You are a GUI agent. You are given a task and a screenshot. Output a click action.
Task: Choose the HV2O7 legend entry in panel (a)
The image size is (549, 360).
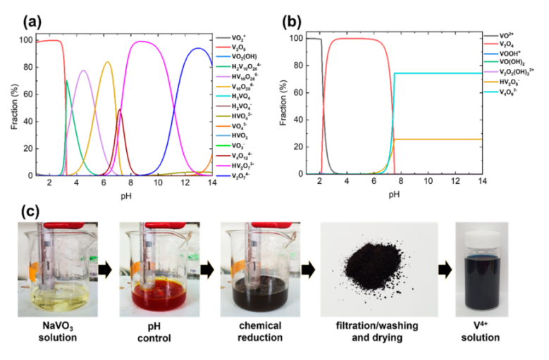[x=249, y=164]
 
